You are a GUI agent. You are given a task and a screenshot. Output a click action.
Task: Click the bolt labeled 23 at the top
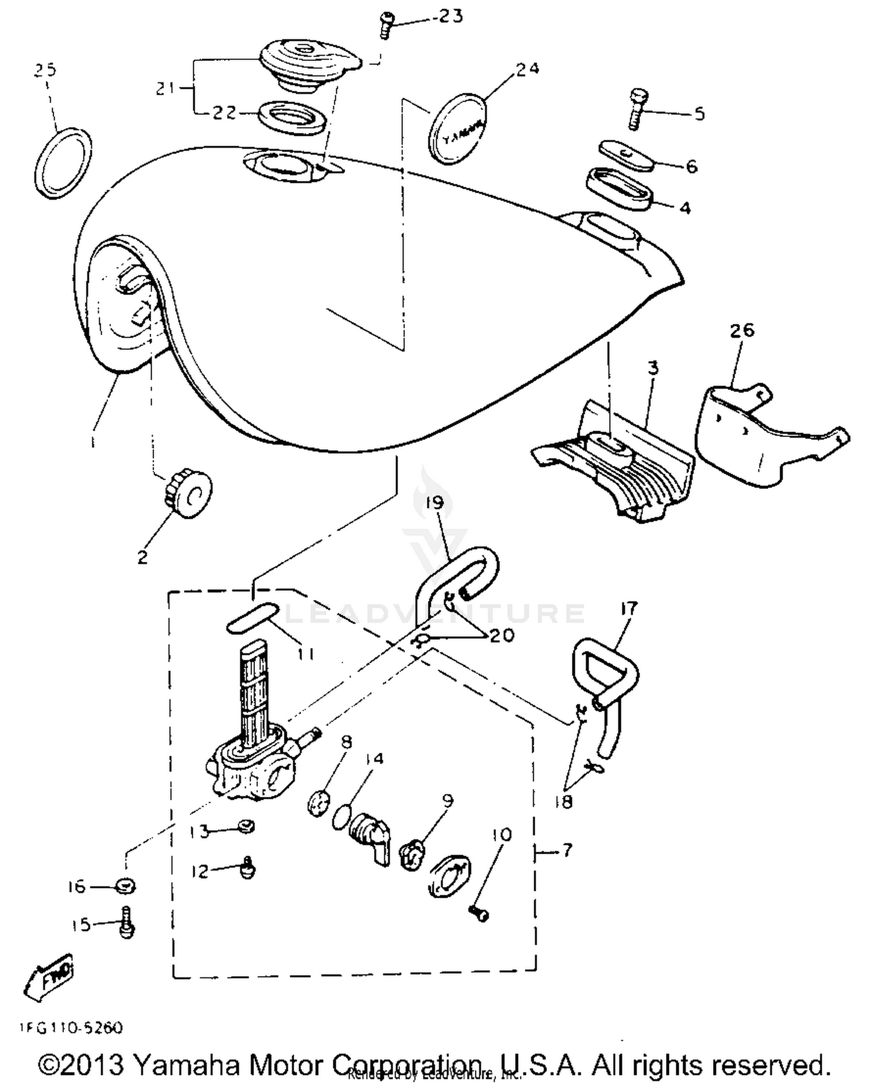385,27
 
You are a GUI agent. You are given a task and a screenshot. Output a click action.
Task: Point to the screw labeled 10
480,914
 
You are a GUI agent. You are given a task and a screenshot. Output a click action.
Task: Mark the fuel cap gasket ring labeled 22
290,118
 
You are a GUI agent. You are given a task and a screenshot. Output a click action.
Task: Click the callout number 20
502,635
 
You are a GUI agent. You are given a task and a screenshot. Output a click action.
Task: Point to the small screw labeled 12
249,868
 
